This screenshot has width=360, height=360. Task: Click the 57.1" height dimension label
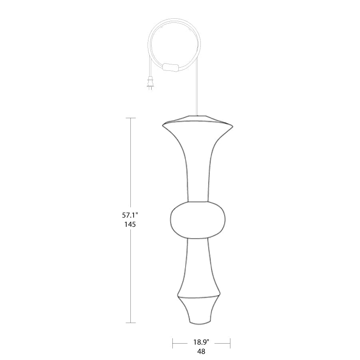coord(130,215)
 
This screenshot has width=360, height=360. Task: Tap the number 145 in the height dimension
coord(130,224)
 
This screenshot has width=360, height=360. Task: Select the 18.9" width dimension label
coord(201,342)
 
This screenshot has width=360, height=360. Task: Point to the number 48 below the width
coord(201,351)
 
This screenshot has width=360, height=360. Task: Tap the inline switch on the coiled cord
coord(170,67)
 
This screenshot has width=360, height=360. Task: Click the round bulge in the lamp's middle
coord(198,220)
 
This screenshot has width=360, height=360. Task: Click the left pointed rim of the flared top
coord(163,125)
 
